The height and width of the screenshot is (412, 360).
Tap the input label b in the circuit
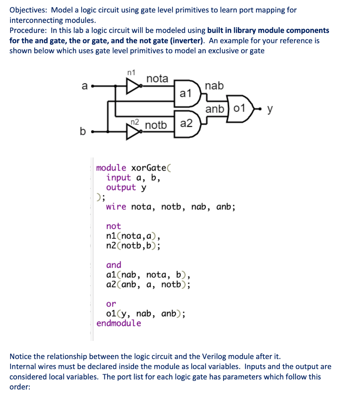[83, 131]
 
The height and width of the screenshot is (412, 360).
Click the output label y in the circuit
[270, 109]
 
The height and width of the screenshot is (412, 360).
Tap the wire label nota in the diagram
[157, 78]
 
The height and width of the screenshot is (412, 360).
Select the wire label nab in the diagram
[214, 86]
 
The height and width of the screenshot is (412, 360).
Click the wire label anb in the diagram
[214, 109]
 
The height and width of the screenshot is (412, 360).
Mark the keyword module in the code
[111, 168]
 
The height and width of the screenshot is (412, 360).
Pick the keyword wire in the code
[116, 207]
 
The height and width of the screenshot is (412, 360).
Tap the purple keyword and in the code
[114, 265]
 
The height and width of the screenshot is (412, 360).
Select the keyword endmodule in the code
[119, 323]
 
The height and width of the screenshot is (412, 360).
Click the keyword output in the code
[121, 187]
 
